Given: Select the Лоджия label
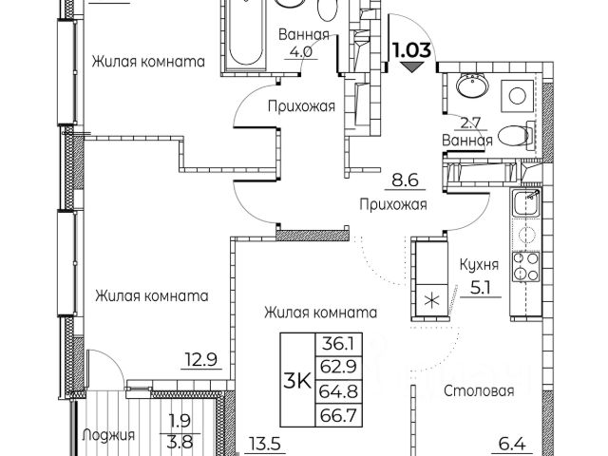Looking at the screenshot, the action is tap(107, 437).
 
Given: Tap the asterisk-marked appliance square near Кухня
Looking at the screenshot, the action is tap(433, 301).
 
